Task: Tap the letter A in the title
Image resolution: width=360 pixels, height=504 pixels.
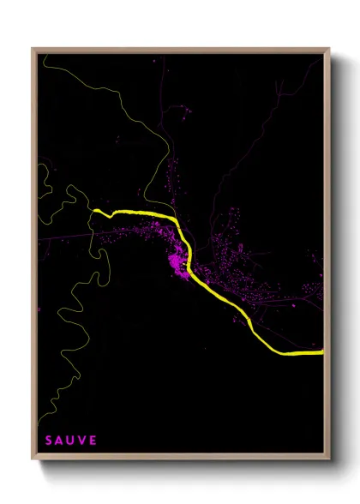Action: (61, 441)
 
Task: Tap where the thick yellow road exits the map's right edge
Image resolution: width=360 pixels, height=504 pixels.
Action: (322, 351)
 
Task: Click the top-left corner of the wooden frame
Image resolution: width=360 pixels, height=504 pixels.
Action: (33, 49)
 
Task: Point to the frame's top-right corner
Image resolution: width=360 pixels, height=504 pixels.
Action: (329, 49)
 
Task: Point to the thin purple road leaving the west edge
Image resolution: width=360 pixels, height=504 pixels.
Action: (51, 235)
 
